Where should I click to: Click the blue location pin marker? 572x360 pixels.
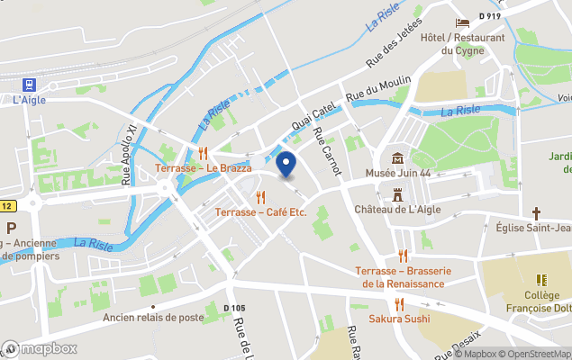tap(286, 166)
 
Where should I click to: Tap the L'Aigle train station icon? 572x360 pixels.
tap(30, 85)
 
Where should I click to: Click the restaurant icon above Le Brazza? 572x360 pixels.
tap(204, 152)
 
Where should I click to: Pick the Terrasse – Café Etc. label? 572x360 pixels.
tap(261, 212)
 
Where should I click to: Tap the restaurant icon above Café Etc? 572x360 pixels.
tap(261, 197)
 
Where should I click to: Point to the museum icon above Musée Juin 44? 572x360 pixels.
tap(397, 157)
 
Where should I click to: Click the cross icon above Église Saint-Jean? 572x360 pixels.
tap(536, 213)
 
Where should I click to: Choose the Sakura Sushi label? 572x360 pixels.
tap(399, 319)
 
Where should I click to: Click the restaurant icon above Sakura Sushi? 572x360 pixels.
tap(399, 303)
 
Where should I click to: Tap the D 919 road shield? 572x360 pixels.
tap(490, 15)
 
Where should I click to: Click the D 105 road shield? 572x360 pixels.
tap(234, 308)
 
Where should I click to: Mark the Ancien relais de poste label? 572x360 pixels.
tap(153, 318)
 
